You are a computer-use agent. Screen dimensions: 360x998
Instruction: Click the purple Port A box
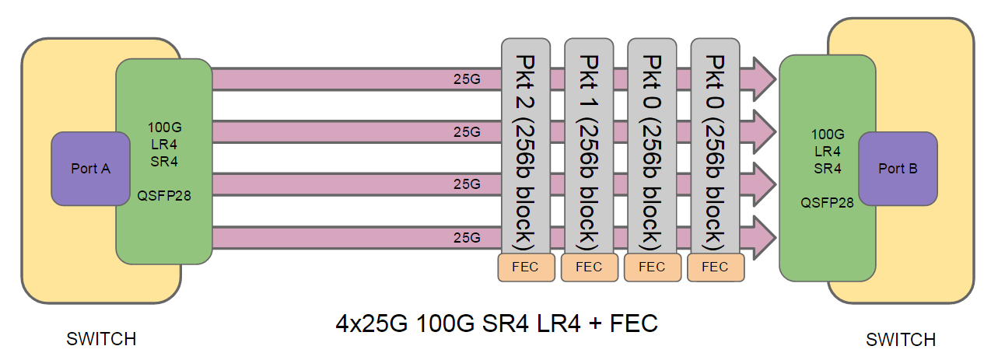tap(90, 169)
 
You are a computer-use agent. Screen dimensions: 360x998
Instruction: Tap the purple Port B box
tap(898, 169)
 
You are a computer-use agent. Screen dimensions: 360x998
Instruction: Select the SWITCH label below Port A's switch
tap(101, 339)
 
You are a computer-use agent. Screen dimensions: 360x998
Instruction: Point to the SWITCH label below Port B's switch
tap(901, 340)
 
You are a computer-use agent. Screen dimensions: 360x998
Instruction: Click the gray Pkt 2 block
tap(526, 148)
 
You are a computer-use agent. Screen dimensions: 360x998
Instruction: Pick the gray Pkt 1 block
tap(589, 148)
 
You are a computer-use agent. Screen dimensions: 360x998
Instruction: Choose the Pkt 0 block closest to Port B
tap(715, 148)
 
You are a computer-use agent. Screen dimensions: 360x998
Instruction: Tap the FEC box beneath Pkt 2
tap(526, 267)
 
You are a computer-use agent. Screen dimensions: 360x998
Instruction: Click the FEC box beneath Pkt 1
tap(589, 267)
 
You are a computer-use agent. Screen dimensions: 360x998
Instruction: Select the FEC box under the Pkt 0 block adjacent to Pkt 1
tap(652, 267)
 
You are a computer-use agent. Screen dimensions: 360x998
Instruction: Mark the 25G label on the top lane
tap(467, 79)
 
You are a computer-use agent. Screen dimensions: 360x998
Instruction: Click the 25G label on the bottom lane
tap(467, 237)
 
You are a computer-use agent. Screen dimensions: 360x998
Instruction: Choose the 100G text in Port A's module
tap(164, 127)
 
